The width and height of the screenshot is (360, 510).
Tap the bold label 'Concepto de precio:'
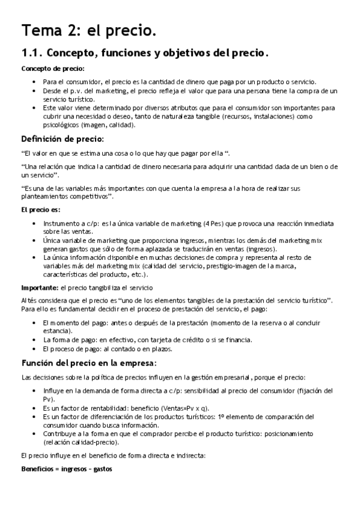pyautogui.click(x=53, y=69)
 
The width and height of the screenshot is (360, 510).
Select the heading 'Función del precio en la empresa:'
pyautogui.click(x=89, y=363)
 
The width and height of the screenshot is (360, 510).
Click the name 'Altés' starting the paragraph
pyautogui.click(x=29, y=300)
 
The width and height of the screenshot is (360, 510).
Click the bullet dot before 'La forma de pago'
pyautogui.click(x=34, y=340)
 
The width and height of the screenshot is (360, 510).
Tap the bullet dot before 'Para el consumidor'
pyautogui.click(x=34, y=81)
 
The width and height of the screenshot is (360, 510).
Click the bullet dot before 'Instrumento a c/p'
pyautogui.click(x=34, y=223)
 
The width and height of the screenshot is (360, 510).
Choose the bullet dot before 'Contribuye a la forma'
pyautogui.click(x=34, y=434)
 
